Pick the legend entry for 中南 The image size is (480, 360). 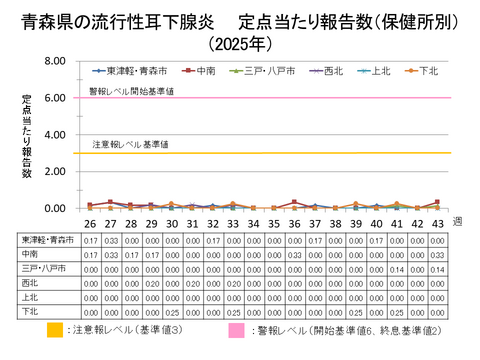(206, 71)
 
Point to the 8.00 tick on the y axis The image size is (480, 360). (56, 62)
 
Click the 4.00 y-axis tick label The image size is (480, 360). (56, 135)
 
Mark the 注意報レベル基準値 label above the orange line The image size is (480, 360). (130, 145)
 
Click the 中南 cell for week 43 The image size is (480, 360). (437, 255)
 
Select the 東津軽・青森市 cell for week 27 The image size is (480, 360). (110, 240)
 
